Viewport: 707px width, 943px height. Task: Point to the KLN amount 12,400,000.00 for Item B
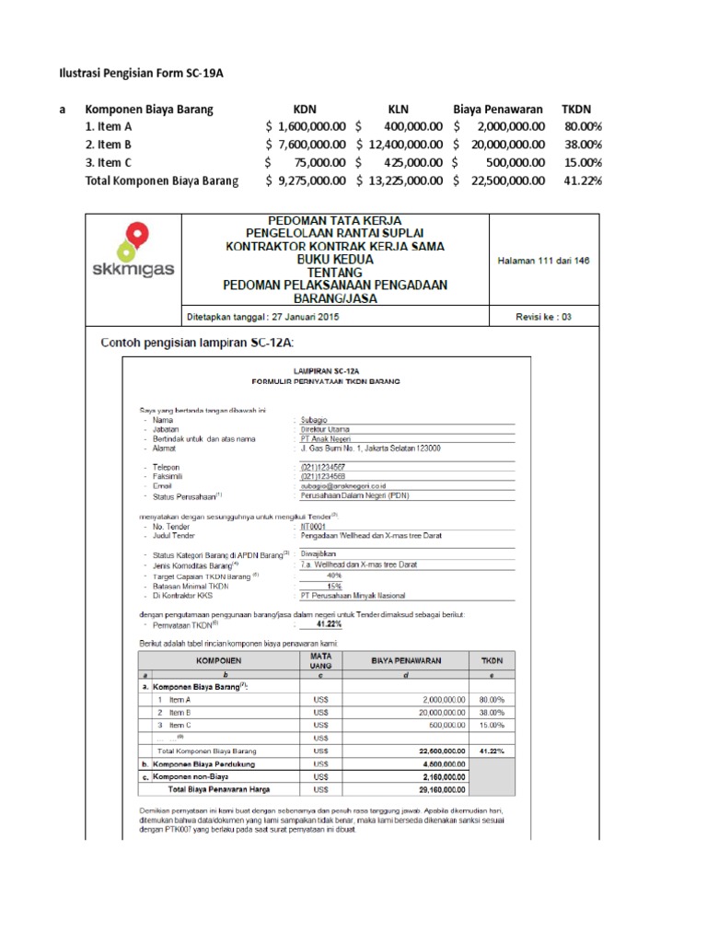click(400, 145)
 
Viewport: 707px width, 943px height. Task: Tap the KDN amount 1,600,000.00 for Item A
click(307, 127)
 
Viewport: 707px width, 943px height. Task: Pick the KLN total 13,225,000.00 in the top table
click(400, 180)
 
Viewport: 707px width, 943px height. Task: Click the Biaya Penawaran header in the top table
click(497, 110)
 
